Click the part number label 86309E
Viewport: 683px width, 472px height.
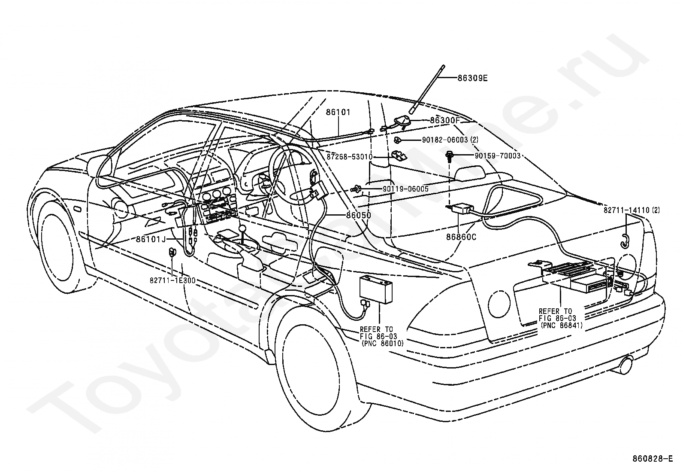(x=472, y=78)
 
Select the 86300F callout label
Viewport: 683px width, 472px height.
(x=444, y=120)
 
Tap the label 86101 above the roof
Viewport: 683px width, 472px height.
(x=338, y=112)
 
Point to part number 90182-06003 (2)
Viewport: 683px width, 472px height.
(x=450, y=140)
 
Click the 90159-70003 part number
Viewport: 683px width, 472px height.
(x=497, y=156)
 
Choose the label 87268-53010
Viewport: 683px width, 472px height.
(x=349, y=157)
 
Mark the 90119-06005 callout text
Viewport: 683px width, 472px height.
(x=405, y=189)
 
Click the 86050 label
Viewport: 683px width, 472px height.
(x=359, y=215)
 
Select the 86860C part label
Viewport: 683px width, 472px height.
(x=461, y=237)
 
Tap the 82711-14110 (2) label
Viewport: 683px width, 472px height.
(x=632, y=210)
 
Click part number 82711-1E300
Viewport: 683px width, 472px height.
(x=172, y=280)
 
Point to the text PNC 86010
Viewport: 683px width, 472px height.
(x=382, y=344)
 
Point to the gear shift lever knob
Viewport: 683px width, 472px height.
(x=242, y=229)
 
